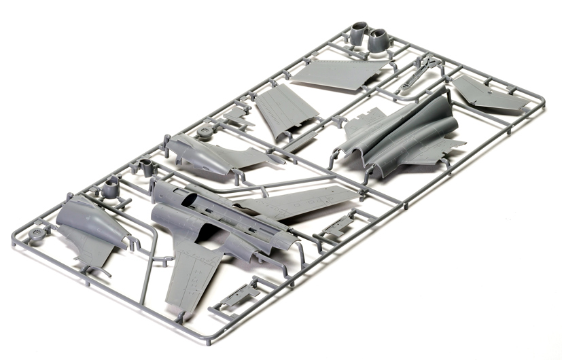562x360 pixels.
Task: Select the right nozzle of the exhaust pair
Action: coord(379,39)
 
